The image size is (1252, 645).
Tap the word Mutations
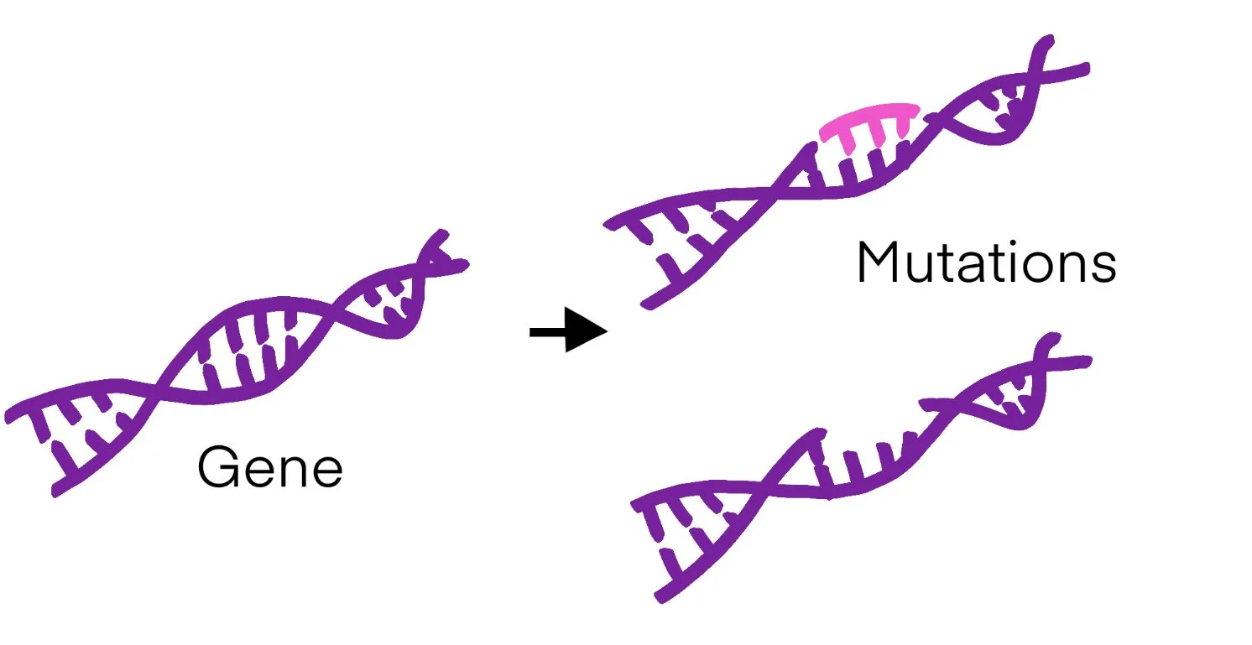pyautogui.click(x=986, y=263)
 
